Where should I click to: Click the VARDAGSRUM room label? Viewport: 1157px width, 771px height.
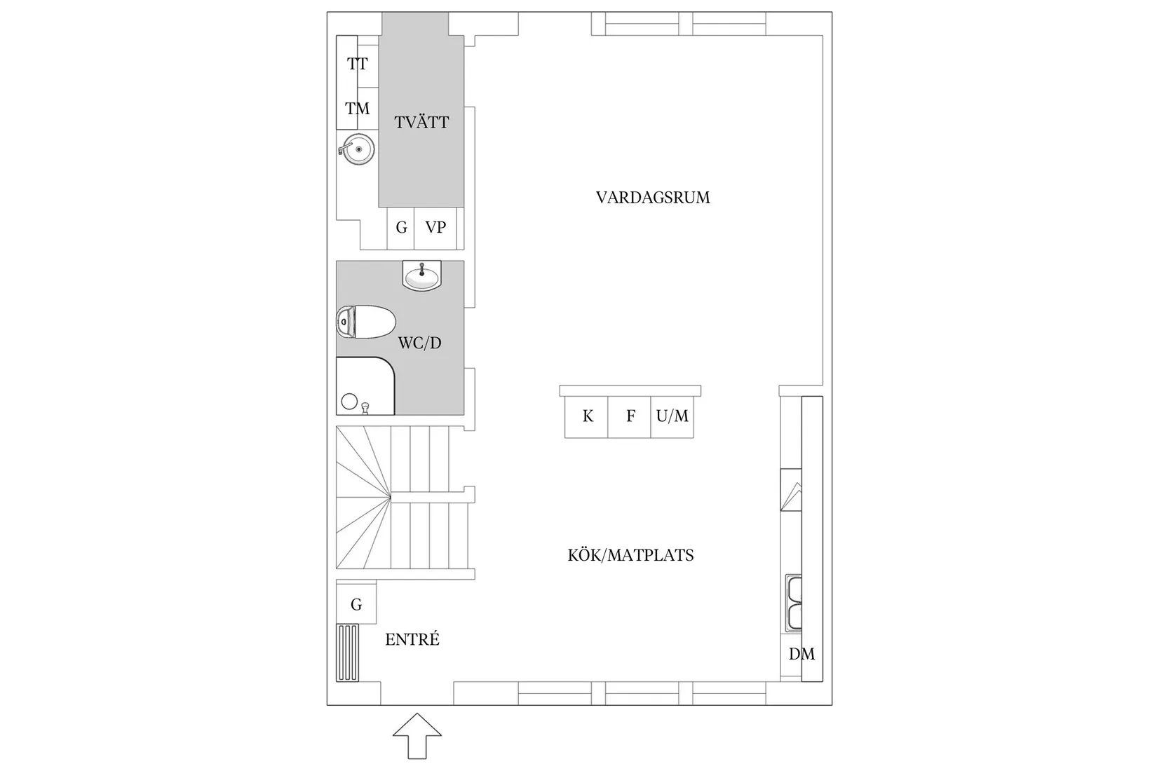[x=653, y=198]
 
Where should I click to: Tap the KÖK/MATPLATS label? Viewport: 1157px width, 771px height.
[x=630, y=556]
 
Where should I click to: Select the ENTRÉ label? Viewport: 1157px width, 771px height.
[x=412, y=640]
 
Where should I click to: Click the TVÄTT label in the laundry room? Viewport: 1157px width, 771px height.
[x=421, y=123]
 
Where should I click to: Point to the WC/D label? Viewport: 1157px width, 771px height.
[x=419, y=343]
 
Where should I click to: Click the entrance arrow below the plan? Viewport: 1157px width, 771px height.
[x=417, y=735]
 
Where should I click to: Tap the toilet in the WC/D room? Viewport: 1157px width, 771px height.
[x=365, y=322]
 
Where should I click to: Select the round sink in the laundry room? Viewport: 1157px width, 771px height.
[x=358, y=149]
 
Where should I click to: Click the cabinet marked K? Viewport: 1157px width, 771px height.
[x=587, y=417]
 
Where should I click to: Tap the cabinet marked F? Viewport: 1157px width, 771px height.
[x=630, y=417]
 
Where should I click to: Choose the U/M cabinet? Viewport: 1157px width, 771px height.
[x=672, y=417]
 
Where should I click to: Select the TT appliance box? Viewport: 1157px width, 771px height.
[x=357, y=64]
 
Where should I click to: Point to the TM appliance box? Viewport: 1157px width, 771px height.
[x=357, y=109]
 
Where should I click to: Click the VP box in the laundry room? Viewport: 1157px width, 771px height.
[x=435, y=228]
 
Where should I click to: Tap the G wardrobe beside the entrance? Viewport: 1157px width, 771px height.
[x=356, y=604]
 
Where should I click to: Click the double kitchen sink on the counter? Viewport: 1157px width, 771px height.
[x=794, y=603]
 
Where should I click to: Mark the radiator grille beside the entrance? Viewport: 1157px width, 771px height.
[x=347, y=653]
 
